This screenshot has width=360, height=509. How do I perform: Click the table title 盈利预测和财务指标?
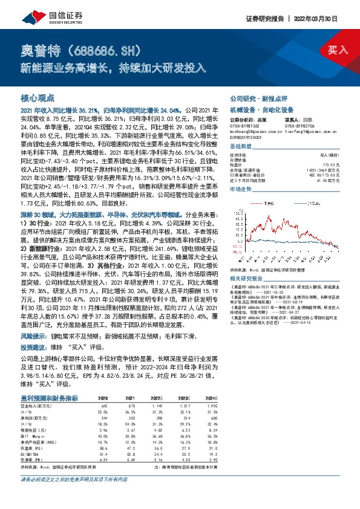(x=50, y=398)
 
